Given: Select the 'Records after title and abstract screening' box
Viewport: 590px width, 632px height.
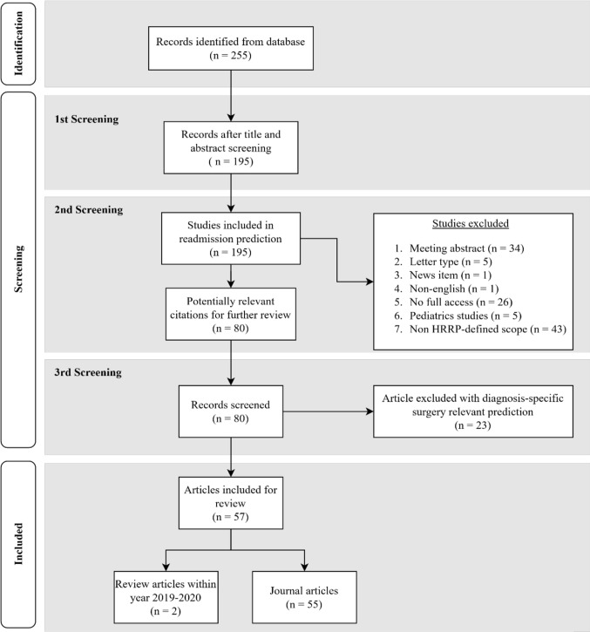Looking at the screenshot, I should pos(231,146).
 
